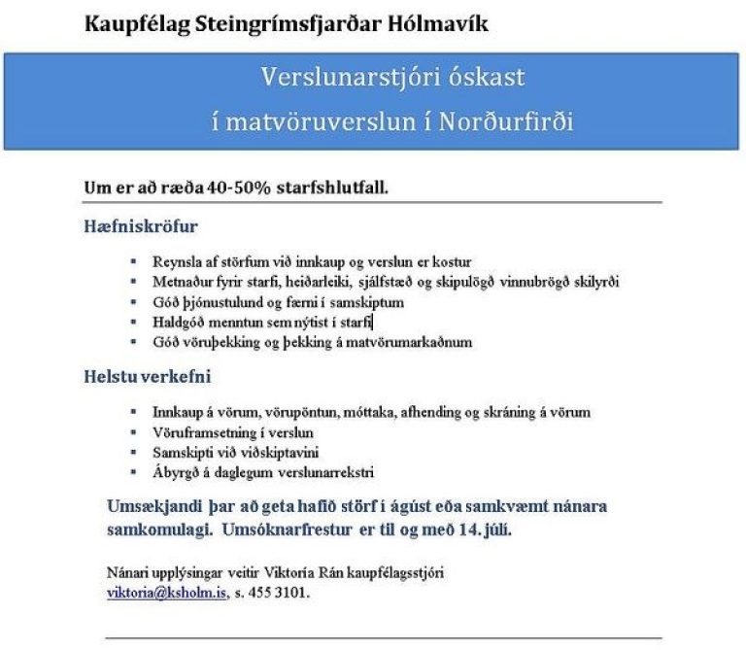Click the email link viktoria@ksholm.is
164,592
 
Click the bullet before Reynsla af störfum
132,262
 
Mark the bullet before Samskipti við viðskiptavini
132,453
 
